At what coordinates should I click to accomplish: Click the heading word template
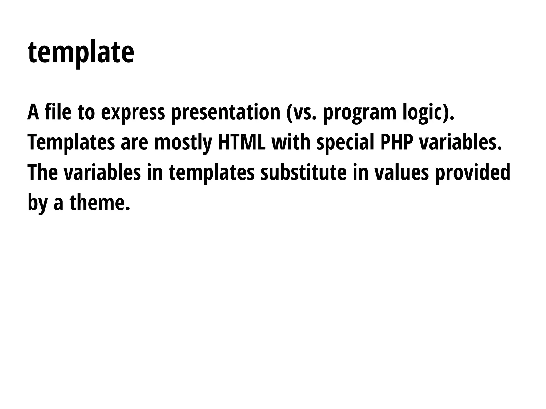81,52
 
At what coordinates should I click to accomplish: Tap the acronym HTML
242,142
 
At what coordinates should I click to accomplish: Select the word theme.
100,203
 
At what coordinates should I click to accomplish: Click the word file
58,112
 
